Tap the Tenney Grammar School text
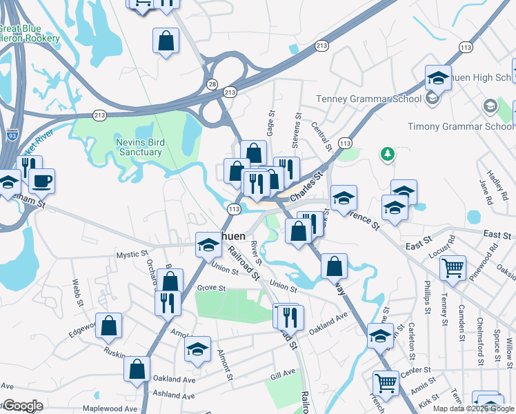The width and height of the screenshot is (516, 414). pyautogui.click(x=369, y=99)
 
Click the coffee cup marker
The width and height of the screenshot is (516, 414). pyautogui.click(x=41, y=181)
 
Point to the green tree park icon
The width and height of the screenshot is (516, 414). pyautogui.click(x=388, y=152)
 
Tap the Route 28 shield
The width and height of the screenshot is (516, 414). pyautogui.click(x=211, y=83)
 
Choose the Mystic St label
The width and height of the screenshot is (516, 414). pyautogui.click(x=128, y=255)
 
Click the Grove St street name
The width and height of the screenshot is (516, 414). pyautogui.click(x=212, y=287)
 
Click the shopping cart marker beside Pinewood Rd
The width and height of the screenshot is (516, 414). pyautogui.click(x=453, y=268)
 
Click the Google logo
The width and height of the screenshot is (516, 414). pyautogui.click(x=22, y=406)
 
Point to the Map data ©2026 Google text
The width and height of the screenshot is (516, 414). pyautogui.click(x=473, y=408)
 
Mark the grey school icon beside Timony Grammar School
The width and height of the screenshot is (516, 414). pyautogui.click(x=490, y=106)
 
